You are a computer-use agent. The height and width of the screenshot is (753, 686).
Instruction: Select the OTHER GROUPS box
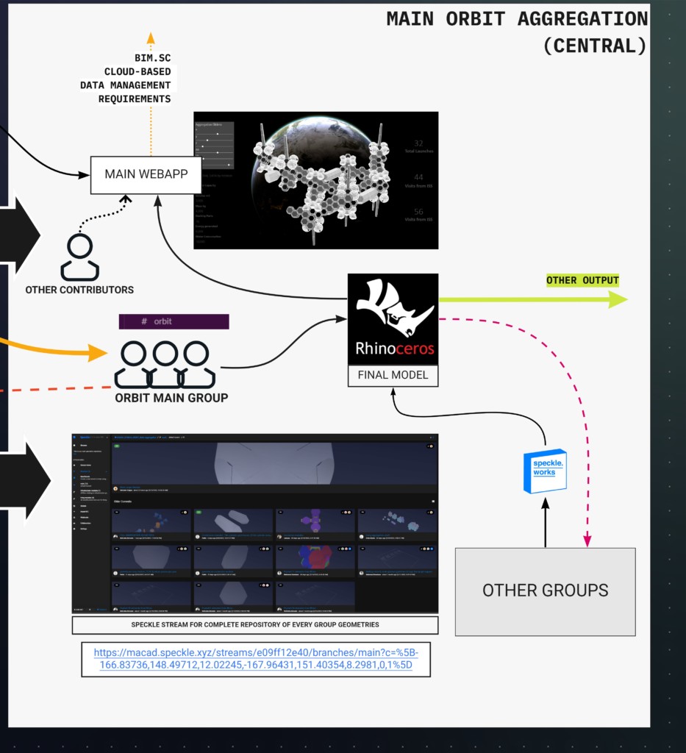coord(545,590)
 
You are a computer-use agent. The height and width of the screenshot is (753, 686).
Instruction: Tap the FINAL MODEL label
coord(393,374)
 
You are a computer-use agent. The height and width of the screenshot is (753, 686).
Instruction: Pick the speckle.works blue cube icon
coord(545,471)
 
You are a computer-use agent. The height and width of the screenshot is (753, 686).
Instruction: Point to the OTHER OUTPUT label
coord(582,281)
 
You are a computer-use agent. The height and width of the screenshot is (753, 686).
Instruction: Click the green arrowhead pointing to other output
coord(616,299)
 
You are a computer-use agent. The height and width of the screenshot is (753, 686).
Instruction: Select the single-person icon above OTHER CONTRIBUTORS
coord(79,257)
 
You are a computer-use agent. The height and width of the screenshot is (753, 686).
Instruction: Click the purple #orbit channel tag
coord(174,322)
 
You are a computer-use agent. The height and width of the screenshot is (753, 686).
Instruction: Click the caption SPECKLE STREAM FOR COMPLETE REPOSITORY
coord(255,625)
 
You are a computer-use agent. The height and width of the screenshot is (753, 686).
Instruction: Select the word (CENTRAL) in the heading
coord(595,46)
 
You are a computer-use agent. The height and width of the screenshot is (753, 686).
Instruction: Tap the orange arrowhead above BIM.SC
coord(151,38)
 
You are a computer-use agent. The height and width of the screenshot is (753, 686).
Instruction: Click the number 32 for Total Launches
coord(418,143)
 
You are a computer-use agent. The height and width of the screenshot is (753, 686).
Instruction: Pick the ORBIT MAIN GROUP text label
coord(171,398)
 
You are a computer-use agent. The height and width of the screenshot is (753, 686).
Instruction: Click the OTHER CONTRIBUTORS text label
coord(79,290)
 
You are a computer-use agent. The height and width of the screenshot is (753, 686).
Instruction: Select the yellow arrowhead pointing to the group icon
coord(98,353)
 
